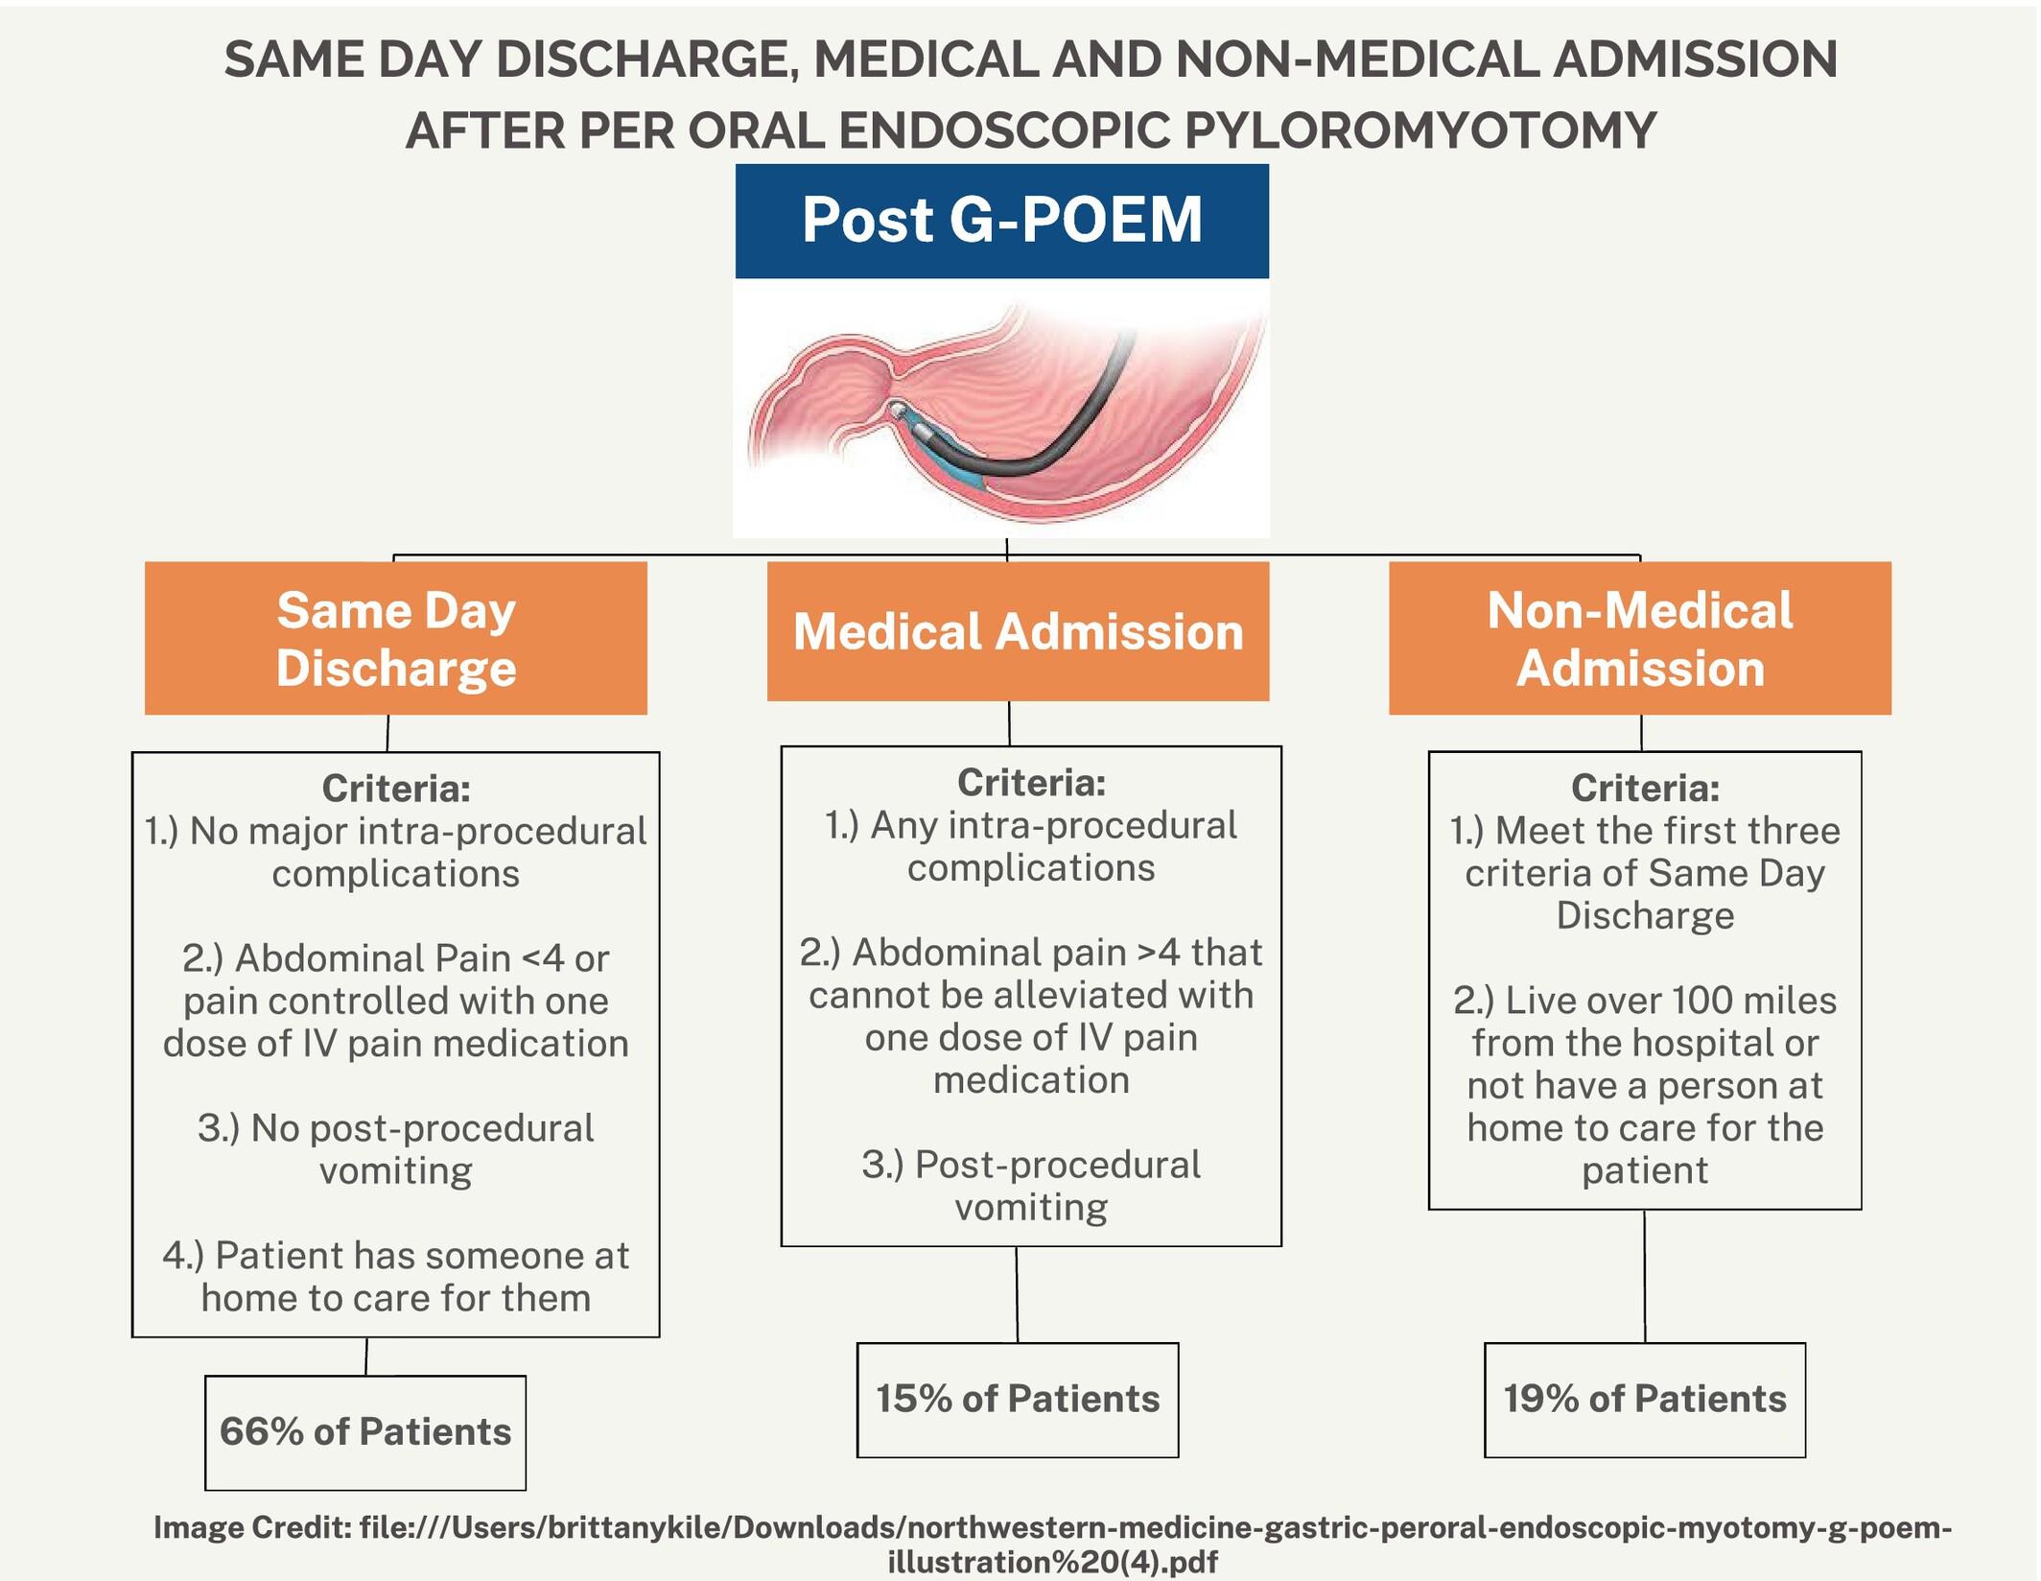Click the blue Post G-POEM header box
1001,221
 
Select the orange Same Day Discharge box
395,638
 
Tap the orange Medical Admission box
1018,631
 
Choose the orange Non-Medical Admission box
1639,638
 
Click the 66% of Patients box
364,1431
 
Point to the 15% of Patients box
1017,1399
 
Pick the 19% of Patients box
1644,1399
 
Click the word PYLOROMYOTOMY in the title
1419,130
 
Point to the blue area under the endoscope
959,470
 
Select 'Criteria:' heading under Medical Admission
1031,783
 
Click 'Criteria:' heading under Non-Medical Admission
1645,788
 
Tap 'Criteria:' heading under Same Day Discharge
396,789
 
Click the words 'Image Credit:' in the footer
252,1527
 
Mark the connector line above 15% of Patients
1017,1294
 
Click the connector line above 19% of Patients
1644,1276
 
